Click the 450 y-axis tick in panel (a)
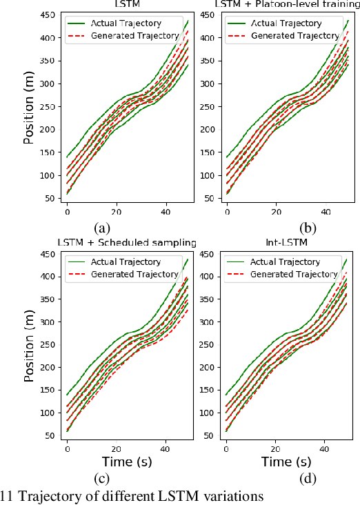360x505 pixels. click(x=49, y=15)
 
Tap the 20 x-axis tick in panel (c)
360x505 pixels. click(x=117, y=449)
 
